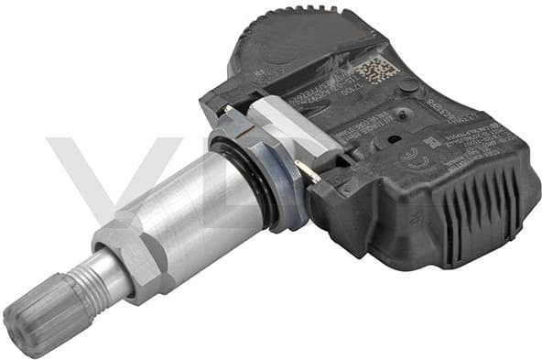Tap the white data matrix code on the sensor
coord(374,70)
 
